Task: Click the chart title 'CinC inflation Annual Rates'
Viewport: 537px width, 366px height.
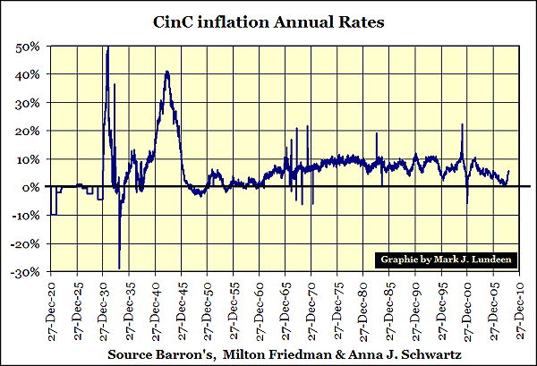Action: coord(268,21)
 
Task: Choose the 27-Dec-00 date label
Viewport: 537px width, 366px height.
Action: coord(472,306)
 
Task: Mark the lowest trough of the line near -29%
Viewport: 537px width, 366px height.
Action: coord(120,268)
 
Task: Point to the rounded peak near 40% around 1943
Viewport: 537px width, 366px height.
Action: coord(166,72)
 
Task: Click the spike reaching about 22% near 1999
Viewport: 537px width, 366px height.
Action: coord(462,124)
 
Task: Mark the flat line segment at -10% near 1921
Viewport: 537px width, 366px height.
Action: coord(54,215)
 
